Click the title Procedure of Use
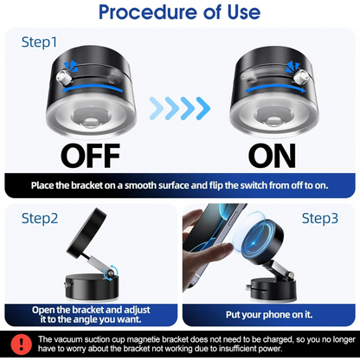pos(180,13)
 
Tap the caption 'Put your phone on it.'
pos(269,315)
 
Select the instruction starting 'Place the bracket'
pos(180,185)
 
